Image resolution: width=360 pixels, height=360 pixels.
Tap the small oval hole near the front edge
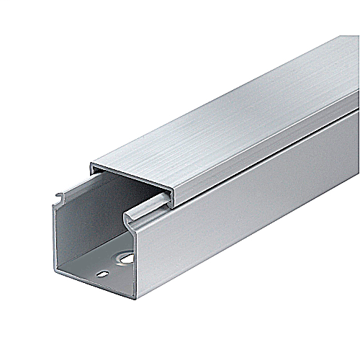pos(104,274)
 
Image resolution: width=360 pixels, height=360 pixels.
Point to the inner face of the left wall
pos(72,230)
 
